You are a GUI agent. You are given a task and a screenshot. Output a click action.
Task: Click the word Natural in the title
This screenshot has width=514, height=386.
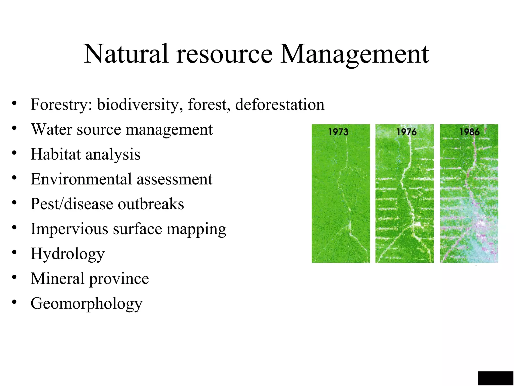point(126,54)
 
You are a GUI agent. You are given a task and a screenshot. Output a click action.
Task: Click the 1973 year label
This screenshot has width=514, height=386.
point(338,132)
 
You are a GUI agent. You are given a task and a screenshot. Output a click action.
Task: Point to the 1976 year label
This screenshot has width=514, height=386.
point(406,132)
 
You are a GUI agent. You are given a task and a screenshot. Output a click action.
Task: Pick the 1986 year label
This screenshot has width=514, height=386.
point(469,132)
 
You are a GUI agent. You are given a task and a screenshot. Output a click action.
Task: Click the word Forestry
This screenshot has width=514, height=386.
point(61,105)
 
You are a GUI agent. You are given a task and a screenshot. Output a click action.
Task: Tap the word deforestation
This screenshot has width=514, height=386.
point(280,104)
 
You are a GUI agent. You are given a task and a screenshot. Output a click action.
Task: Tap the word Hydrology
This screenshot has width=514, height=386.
point(68,254)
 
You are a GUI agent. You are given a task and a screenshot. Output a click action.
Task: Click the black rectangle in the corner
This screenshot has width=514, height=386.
point(495,378)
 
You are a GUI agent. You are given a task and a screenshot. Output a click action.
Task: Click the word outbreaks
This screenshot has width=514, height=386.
point(151,204)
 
